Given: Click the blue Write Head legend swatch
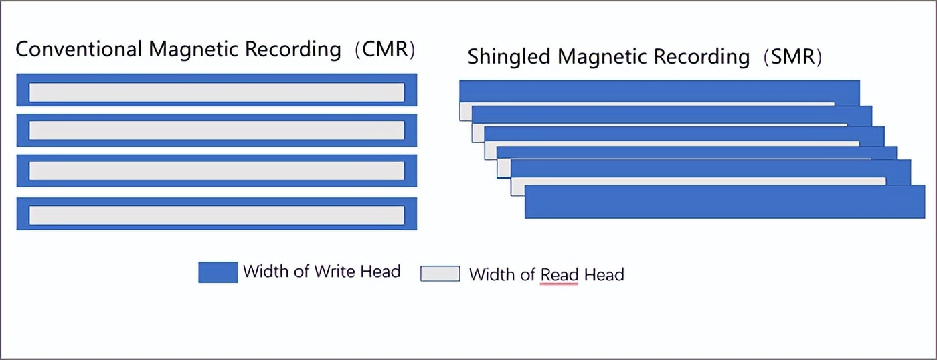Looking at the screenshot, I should click(x=218, y=272).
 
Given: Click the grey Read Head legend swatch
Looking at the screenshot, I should click(x=440, y=274).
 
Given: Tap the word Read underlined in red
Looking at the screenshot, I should click(x=560, y=274).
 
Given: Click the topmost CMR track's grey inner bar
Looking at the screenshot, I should click(x=216, y=92).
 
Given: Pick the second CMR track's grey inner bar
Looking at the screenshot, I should click(x=216, y=130).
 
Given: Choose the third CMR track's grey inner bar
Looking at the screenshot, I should click(x=216, y=171).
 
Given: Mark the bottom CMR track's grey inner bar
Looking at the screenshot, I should click(x=216, y=215).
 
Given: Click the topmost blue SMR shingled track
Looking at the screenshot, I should click(x=659, y=92).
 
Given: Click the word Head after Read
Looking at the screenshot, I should click(x=604, y=274).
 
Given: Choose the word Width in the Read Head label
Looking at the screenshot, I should click(x=488, y=274).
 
